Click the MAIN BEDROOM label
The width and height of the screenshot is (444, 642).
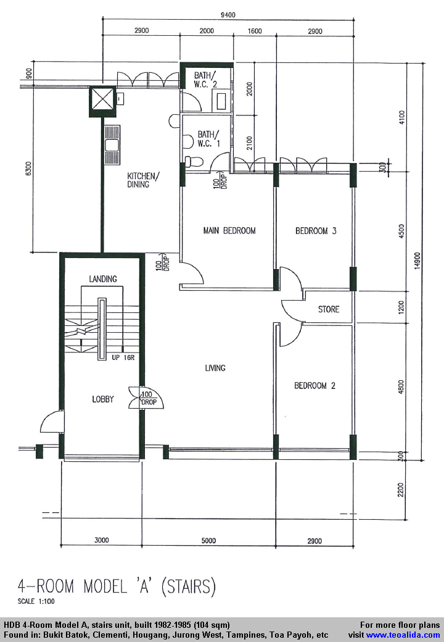click(229, 230)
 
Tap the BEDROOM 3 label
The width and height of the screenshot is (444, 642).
click(316, 231)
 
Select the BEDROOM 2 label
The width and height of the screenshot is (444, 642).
click(314, 386)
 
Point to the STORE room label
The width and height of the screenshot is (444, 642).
click(329, 309)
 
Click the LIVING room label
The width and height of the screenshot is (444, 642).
click(215, 368)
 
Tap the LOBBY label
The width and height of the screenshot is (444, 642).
click(103, 399)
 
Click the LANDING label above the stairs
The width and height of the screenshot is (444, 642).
click(103, 279)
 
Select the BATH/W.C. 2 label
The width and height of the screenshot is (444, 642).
click(206, 80)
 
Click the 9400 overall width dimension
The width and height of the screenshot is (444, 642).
click(228, 15)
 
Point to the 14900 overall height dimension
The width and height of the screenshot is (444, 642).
click(417, 261)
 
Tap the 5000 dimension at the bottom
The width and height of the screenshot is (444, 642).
click(208, 541)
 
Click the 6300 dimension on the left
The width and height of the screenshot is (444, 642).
click(28, 169)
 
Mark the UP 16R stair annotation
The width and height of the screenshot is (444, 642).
click(123, 357)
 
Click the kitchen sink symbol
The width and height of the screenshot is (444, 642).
click(112, 145)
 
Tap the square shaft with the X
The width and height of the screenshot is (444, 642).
click(102, 101)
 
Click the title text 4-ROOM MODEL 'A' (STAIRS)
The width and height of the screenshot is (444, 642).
click(117, 586)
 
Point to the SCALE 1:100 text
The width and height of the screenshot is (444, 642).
click(36, 601)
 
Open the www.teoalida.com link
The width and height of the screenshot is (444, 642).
click(403, 635)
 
